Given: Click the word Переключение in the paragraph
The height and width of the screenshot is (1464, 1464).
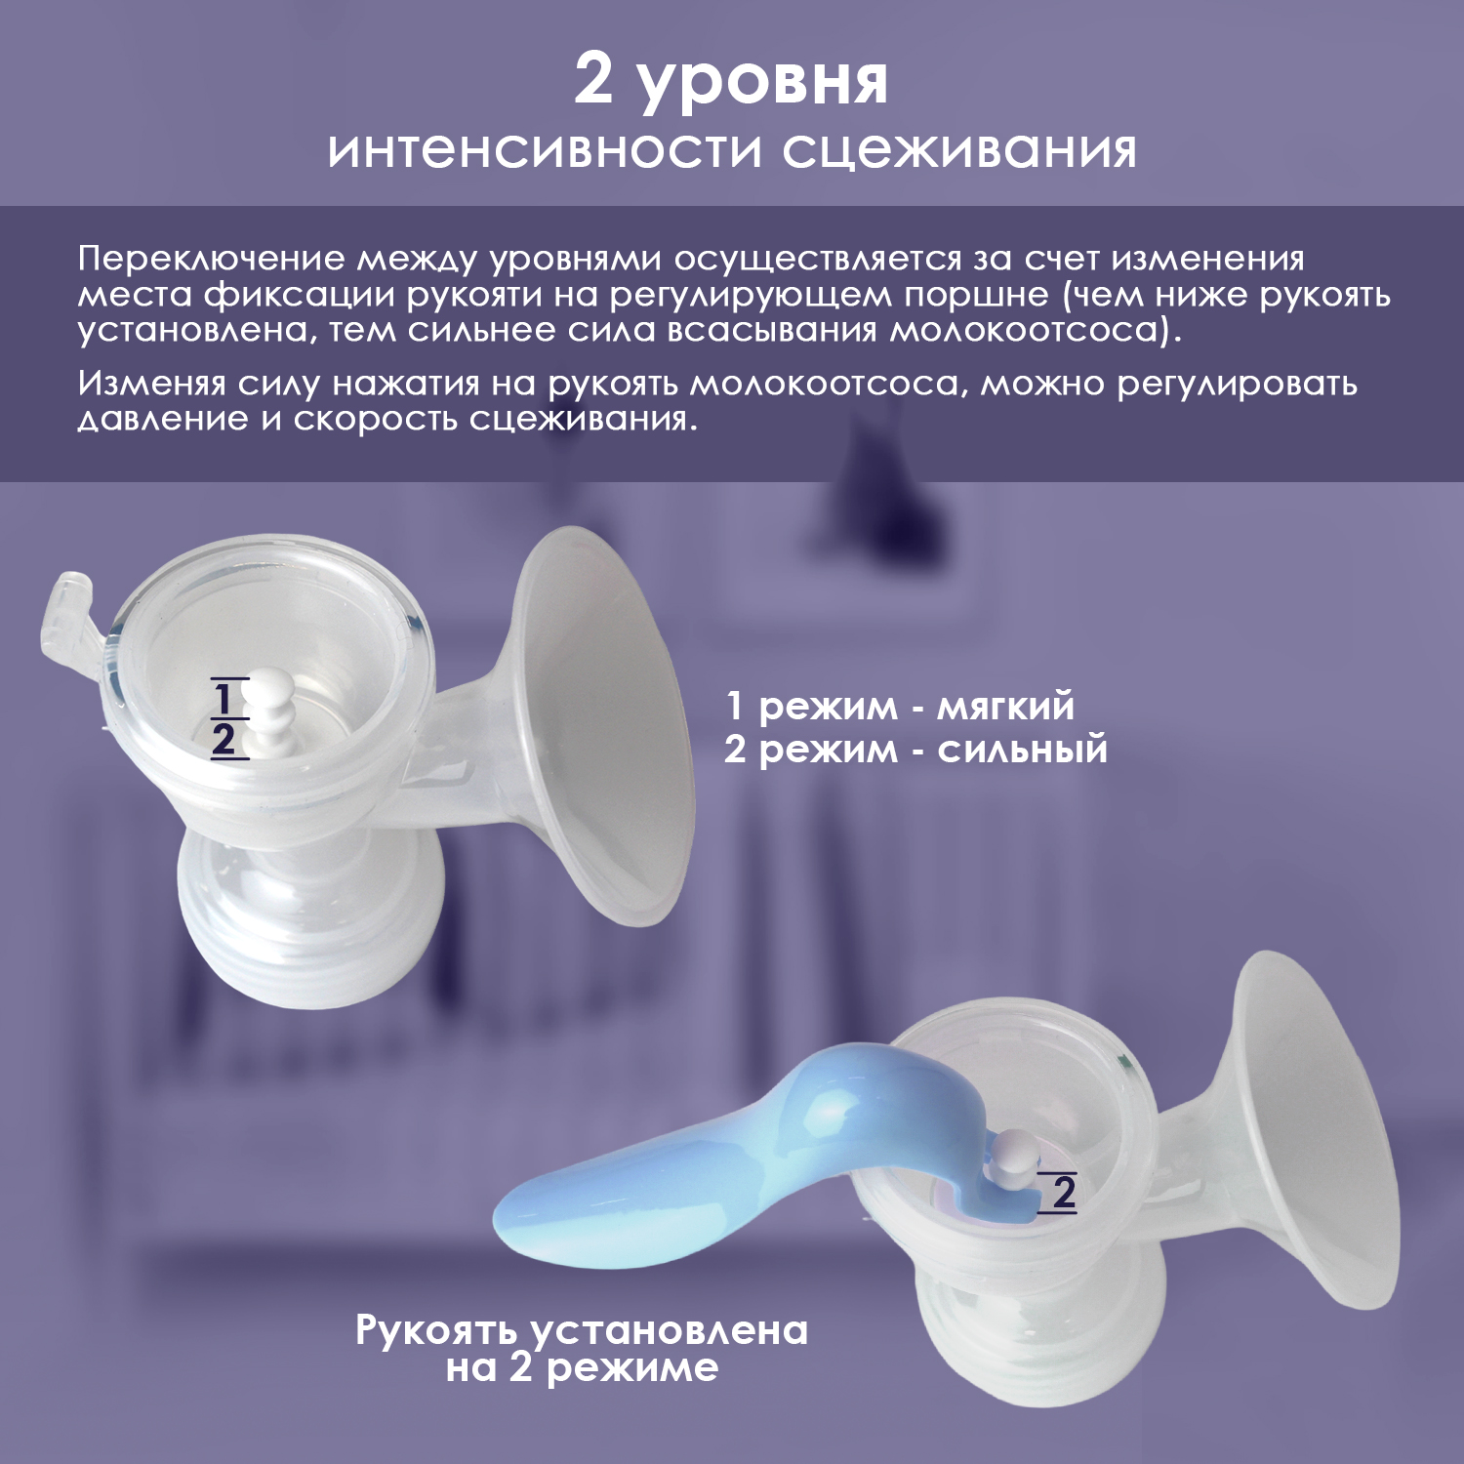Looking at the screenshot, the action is click(x=212, y=259).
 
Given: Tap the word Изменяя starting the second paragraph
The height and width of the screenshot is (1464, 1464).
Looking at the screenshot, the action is click(x=151, y=384).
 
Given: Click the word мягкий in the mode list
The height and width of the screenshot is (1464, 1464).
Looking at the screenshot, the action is click(x=1006, y=707).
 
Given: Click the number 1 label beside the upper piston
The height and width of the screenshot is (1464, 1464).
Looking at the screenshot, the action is click(x=224, y=698).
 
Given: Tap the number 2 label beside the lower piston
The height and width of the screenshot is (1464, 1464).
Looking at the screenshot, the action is click(x=1064, y=1192).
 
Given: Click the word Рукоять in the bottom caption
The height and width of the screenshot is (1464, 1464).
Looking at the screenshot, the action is click(x=442, y=1331).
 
